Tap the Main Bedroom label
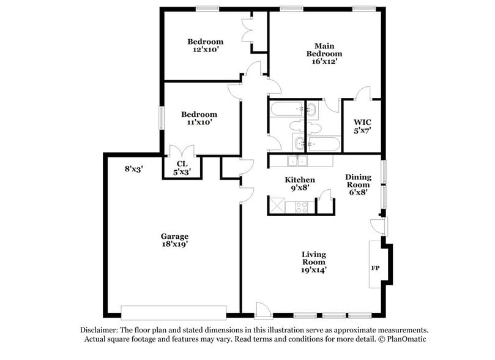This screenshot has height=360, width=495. (324, 53)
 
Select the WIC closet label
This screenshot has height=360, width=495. (363, 126)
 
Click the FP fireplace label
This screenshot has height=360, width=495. (375, 268)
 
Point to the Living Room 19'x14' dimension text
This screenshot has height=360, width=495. (313, 269)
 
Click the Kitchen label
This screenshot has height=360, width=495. (300, 179)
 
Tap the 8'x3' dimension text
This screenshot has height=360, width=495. (133, 168)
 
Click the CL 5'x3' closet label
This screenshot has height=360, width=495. (182, 168)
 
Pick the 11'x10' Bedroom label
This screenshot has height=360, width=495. (199, 118)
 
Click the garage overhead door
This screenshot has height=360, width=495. (174, 310)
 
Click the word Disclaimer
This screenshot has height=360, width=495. (100, 329)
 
